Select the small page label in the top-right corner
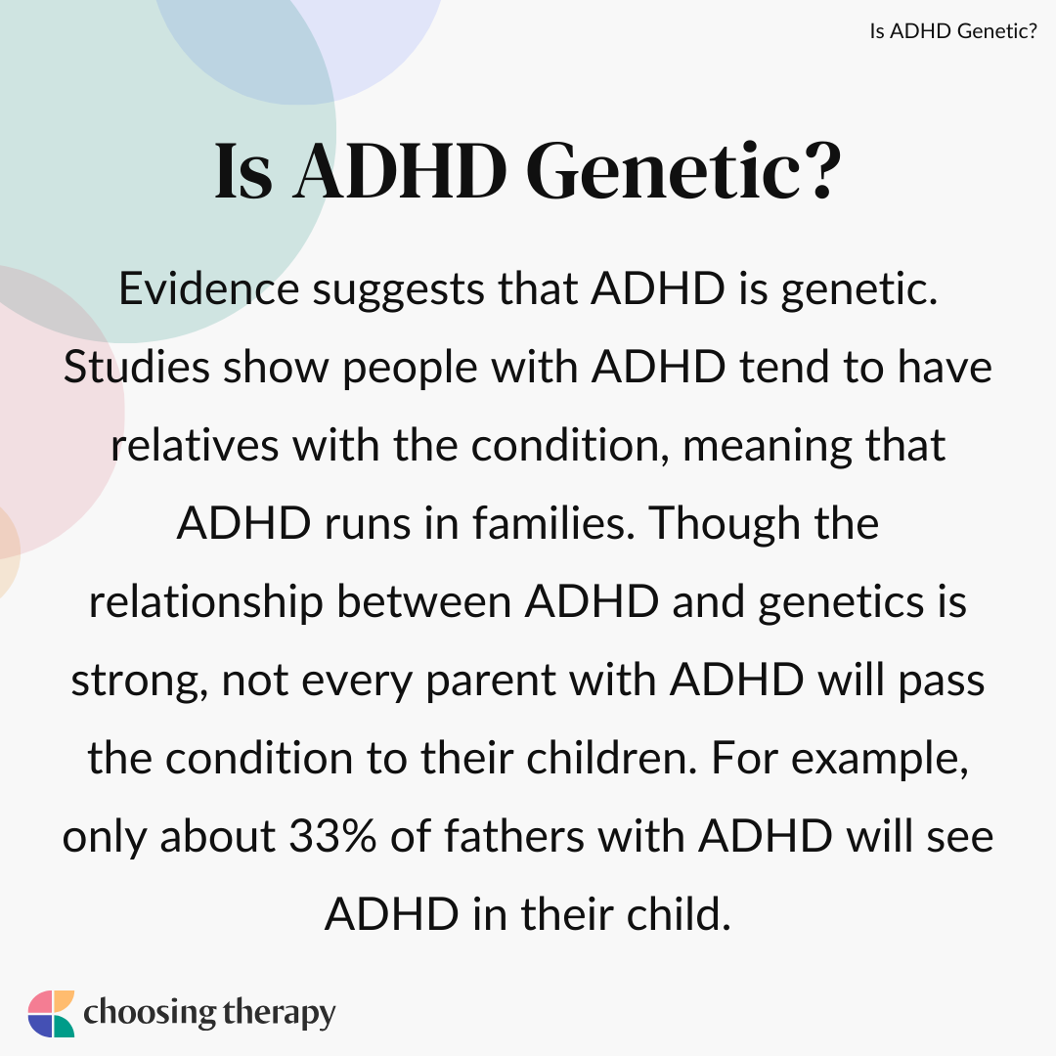point(953,31)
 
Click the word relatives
point(186,446)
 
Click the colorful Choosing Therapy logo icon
point(51,1013)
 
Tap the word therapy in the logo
point(277,1014)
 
